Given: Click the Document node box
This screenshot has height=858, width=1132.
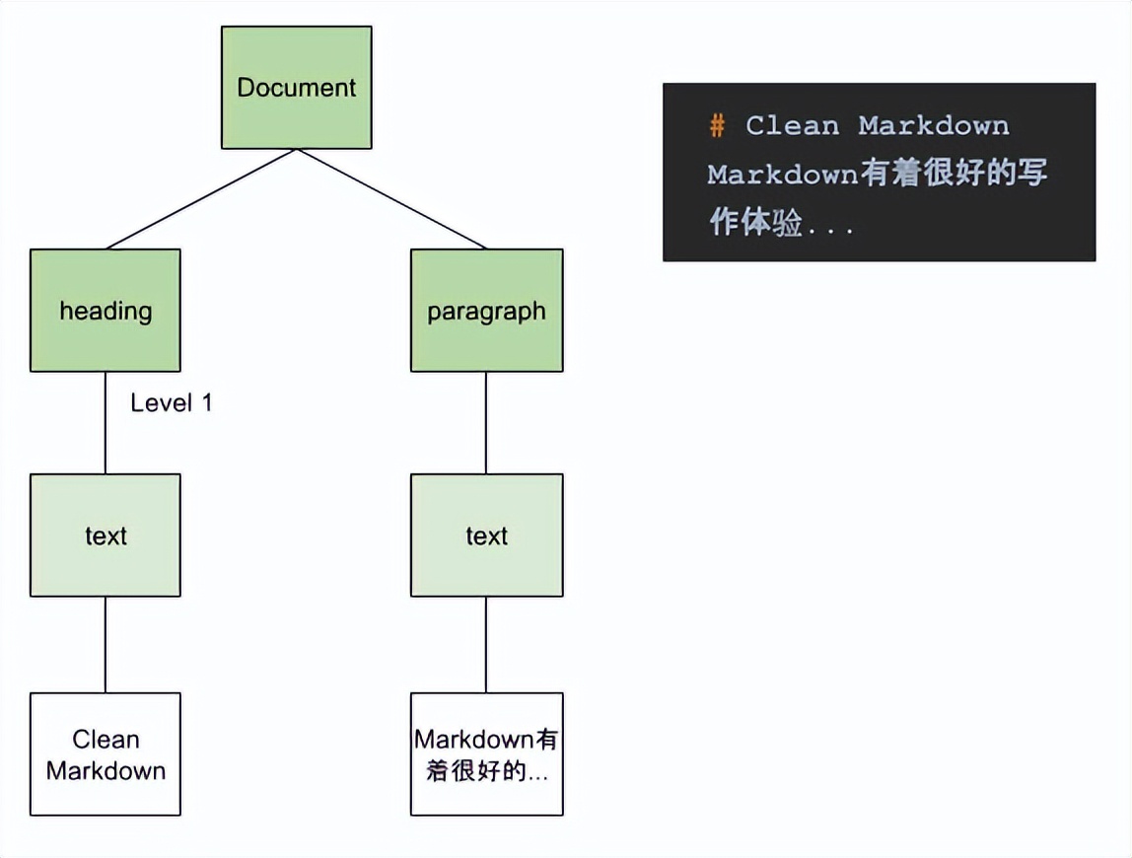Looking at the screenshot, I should click(x=296, y=88).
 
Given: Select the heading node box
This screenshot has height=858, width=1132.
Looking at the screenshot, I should click(x=106, y=311).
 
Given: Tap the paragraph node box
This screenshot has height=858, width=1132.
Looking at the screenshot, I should click(x=486, y=311).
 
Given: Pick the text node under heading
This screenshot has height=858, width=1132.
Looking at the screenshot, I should click(x=106, y=536).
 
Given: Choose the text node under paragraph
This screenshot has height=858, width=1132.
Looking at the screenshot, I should click(x=486, y=536).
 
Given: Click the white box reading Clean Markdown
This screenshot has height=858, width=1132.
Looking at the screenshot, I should click(x=106, y=754).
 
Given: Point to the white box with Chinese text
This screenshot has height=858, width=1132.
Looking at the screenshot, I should click(x=486, y=754).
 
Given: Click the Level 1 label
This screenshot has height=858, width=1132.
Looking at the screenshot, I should click(x=171, y=402).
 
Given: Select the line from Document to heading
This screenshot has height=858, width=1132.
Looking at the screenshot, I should click(x=201, y=199).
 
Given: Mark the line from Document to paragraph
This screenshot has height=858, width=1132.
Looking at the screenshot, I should click(x=391, y=199).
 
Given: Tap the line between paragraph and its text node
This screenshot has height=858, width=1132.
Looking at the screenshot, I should click(x=486, y=422).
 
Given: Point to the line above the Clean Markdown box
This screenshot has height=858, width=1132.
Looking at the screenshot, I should click(x=106, y=644).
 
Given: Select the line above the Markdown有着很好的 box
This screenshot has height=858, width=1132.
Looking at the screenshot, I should click(x=486, y=644).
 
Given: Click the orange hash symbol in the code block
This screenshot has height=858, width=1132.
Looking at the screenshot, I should click(x=717, y=126).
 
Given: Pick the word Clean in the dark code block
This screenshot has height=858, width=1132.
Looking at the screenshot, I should click(x=792, y=126).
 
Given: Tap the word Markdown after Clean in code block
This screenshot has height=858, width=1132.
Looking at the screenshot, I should click(x=933, y=126).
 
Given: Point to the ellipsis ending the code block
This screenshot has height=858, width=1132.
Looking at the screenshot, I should click(x=830, y=227).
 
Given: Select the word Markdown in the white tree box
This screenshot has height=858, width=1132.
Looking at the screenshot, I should click(x=106, y=770).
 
